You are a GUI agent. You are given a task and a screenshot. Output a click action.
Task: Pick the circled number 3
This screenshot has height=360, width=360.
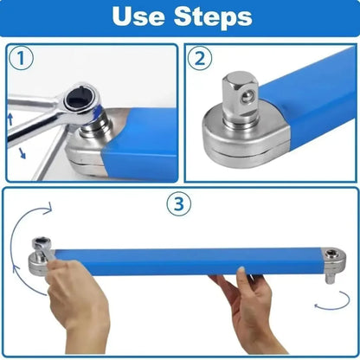point(178,205)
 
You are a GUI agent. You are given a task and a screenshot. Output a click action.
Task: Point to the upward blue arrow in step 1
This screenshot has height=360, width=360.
point(10,119)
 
